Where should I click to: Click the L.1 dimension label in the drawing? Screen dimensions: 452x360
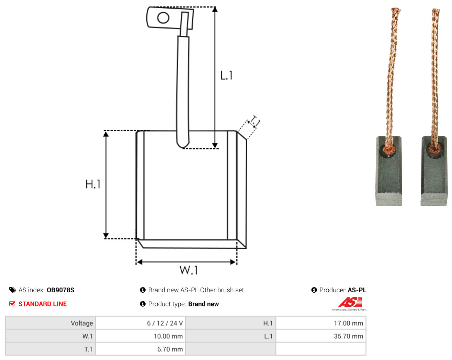(x=226, y=76)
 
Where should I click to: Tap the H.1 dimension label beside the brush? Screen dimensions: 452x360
(x=93, y=184)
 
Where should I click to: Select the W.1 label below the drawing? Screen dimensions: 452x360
(x=189, y=270)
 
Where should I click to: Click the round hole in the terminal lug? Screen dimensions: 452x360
(x=163, y=18)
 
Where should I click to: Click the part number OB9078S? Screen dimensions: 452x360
(x=60, y=290)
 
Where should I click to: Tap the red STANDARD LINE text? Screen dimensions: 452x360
(x=43, y=304)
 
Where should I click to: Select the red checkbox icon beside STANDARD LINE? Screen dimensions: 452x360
(x=12, y=304)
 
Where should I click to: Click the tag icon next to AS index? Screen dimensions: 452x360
(x=13, y=290)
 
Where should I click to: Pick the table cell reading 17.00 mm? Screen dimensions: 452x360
(x=321, y=323)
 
